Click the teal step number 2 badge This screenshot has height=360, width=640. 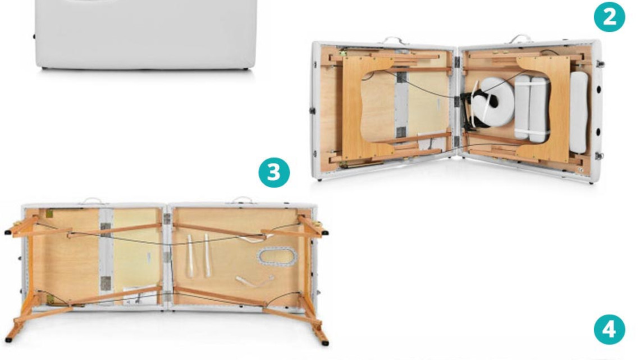(x=609, y=17)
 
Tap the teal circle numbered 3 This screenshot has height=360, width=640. (x=275, y=172)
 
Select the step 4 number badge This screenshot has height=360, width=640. (x=609, y=329)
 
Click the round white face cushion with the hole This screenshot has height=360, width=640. (x=495, y=102)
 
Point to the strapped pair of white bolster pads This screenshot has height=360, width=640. (x=532, y=108)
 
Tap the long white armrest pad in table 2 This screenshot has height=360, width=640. (x=579, y=112)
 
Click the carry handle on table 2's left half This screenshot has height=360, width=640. (x=395, y=40)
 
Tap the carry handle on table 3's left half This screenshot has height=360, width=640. (x=93, y=200)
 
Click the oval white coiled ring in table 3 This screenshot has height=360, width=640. (x=277, y=256)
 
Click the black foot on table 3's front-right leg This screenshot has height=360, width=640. (x=325, y=343)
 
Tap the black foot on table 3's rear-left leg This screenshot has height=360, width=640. (x=8, y=233)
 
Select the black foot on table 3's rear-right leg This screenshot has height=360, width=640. (x=325, y=233)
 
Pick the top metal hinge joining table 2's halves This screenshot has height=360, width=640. (x=457, y=62)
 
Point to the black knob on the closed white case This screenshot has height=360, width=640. (x=34, y=37)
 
